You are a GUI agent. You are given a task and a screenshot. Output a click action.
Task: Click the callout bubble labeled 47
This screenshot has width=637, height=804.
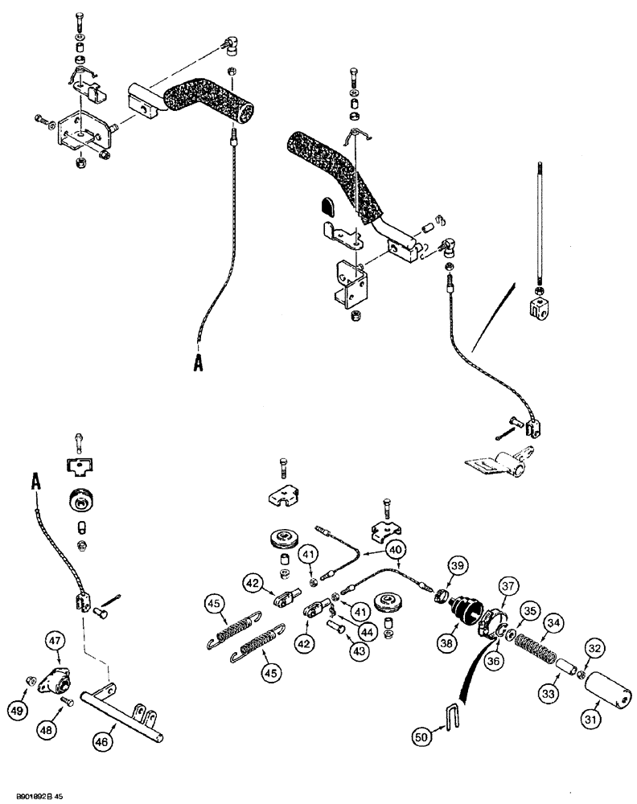pos(54,642)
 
